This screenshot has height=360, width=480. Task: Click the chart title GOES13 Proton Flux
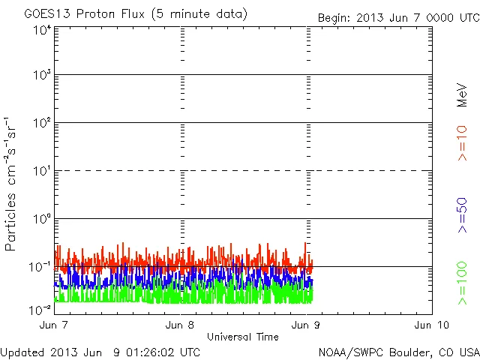[x=135, y=14]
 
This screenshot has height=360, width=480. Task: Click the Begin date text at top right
[x=397, y=17]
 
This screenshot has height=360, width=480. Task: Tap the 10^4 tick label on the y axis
[x=42, y=30]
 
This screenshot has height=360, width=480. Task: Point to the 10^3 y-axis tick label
[x=42, y=76]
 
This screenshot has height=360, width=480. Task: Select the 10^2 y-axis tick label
[x=42, y=123]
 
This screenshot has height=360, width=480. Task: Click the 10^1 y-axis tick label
[x=42, y=171]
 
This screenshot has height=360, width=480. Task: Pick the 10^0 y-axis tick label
[x=42, y=219]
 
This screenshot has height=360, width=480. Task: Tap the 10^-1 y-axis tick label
[x=40, y=267]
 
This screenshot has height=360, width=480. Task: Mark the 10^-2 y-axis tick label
[x=40, y=309]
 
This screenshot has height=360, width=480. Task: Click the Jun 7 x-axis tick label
[x=55, y=325]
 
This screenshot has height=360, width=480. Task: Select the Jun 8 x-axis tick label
[x=181, y=325]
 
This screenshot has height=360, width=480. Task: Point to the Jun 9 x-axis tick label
[x=307, y=325]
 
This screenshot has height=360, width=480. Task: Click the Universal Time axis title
[x=242, y=337]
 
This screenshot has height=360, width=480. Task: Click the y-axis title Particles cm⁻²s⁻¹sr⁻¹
[x=12, y=184]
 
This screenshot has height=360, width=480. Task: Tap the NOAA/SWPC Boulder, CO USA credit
[x=398, y=352]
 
